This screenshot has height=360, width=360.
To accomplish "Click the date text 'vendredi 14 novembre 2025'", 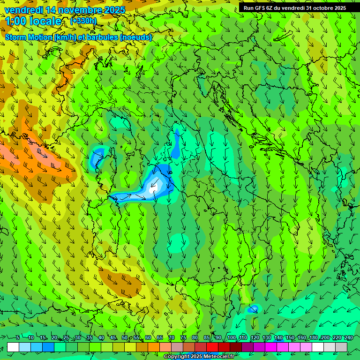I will pos(65,10).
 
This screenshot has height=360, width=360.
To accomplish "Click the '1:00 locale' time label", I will pos(33,21).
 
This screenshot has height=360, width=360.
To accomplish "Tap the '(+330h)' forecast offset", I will pos(83,21).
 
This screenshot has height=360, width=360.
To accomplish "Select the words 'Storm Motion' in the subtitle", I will pos(28,37).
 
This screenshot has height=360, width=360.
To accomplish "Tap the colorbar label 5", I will pos(18,338).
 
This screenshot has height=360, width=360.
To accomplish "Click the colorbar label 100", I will pos(231,338).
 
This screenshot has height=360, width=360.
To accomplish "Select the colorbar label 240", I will pos(348,338).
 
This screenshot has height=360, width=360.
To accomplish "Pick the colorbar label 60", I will pos(148,338).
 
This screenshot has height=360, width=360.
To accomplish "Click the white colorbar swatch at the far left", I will pos(13,347).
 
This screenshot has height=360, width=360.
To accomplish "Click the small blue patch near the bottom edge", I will pos(254,308).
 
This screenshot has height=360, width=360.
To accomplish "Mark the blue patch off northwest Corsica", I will pos(97,157).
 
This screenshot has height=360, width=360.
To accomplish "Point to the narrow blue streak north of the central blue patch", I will pos(176,143).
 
